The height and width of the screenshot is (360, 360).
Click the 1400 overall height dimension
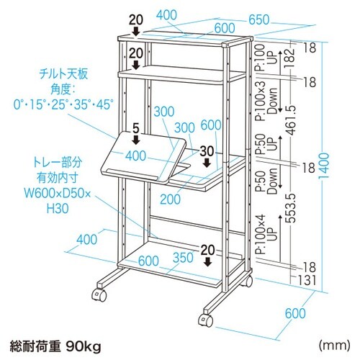pos(323,166)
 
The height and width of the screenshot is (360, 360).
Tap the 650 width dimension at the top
pos(259,19)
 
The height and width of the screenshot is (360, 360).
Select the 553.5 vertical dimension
pos(292,208)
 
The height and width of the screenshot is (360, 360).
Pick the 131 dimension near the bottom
pos(306,280)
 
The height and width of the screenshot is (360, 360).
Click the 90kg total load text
pos(84,346)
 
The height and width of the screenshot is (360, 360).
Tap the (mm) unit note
pos(334,346)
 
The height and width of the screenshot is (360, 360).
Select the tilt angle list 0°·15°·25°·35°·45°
pos(63,104)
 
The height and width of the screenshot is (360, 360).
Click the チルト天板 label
pos(64,74)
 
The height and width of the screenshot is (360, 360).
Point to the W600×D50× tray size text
pos(58,193)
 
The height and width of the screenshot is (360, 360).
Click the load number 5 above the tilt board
pos(136,129)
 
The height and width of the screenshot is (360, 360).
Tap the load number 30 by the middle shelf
pos(207,151)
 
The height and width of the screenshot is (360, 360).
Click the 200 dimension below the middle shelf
pos(170,199)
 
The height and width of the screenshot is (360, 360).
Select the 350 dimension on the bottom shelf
pos(183,257)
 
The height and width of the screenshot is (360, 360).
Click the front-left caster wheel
pos(99,294)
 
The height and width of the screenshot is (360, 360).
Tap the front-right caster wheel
pos(206,320)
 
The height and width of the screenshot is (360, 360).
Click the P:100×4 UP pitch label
pos(267,235)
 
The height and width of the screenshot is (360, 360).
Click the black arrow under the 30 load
pos(207,163)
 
